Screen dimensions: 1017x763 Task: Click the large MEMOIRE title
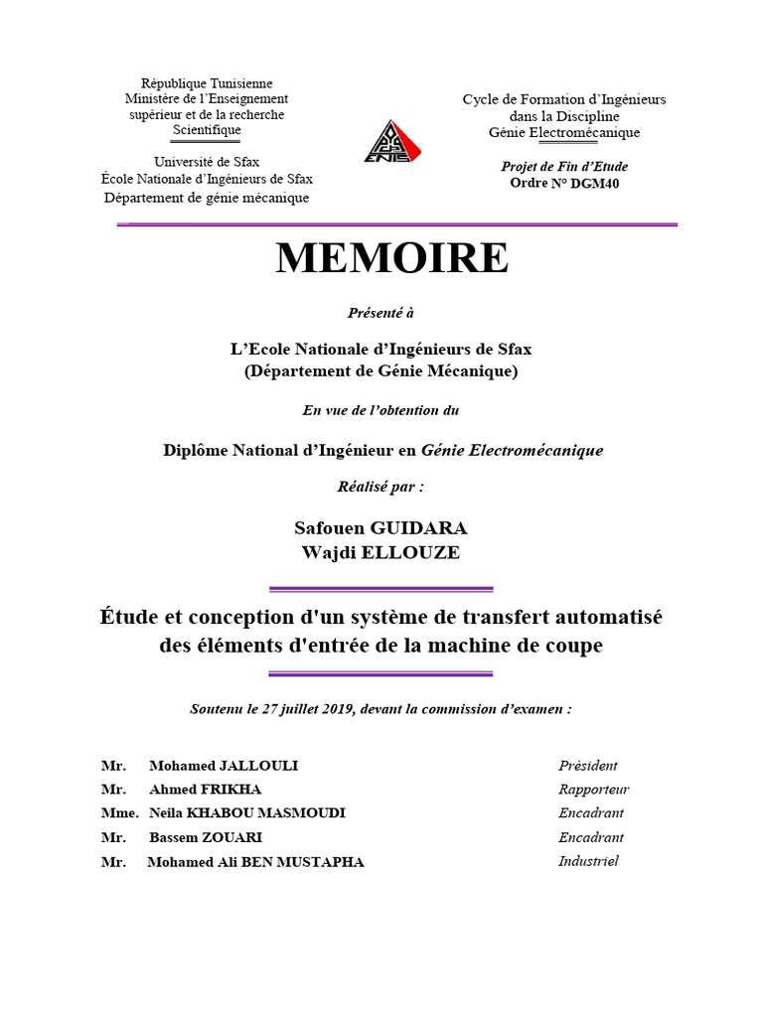pos(391,259)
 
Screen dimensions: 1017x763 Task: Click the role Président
pos(587,766)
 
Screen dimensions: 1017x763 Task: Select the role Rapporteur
pos(593,790)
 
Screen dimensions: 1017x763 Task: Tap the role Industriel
pos(588,861)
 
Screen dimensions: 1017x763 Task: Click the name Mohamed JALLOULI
pos(224,766)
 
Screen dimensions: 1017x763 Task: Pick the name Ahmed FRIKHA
pos(207,790)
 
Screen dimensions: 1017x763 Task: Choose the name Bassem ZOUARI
pos(206,837)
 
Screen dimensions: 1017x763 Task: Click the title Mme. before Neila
pos(118,813)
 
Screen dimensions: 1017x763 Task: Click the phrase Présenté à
pos(381,312)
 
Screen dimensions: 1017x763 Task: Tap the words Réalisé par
pos(381,488)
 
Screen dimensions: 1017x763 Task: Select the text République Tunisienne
pos(207,83)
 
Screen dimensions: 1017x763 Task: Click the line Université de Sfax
pos(207,162)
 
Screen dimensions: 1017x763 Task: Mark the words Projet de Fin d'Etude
pos(564,167)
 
